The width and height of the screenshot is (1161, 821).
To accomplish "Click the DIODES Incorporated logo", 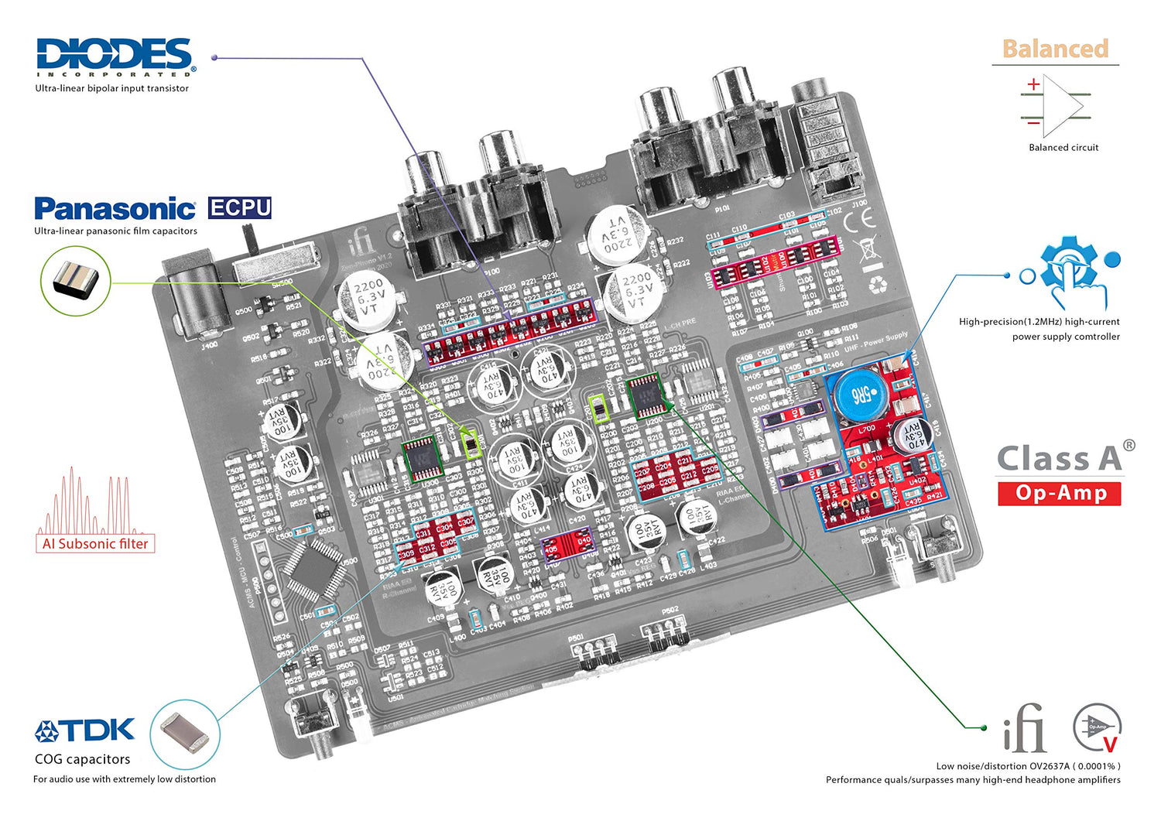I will (115, 56).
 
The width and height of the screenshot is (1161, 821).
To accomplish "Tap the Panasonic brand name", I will (115, 209).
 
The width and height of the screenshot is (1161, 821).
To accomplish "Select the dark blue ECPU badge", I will (240, 208).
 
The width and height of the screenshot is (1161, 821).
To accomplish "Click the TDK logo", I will (85, 730).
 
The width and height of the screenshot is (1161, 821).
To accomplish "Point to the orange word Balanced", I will (1055, 49).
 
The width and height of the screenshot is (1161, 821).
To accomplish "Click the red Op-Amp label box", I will (1060, 493).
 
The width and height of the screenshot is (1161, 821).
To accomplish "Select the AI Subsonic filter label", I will (95, 544).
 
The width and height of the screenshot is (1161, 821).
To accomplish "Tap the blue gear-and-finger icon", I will (1071, 271).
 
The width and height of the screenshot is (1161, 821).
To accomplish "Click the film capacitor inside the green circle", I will (76, 279).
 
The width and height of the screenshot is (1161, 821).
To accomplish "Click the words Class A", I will (1059, 459).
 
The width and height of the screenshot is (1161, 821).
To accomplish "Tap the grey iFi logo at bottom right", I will (1023, 729).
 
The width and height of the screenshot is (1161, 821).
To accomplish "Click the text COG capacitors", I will (83, 759).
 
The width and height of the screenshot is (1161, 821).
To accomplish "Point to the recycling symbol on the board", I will (878, 285).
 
